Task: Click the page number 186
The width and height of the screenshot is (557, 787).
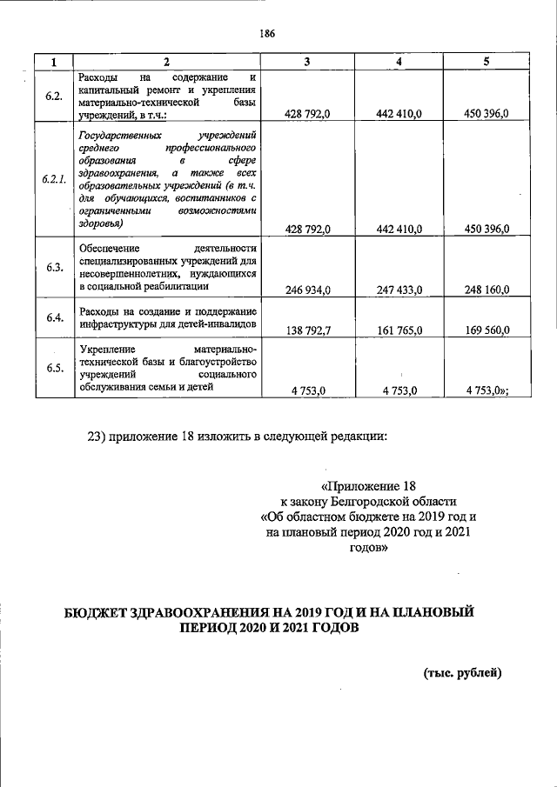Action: (x=267, y=33)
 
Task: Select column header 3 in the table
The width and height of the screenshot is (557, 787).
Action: (x=307, y=62)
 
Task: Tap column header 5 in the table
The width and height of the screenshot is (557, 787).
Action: (x=487, y=62)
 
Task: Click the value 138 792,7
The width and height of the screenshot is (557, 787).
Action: (x=308, y=330)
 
